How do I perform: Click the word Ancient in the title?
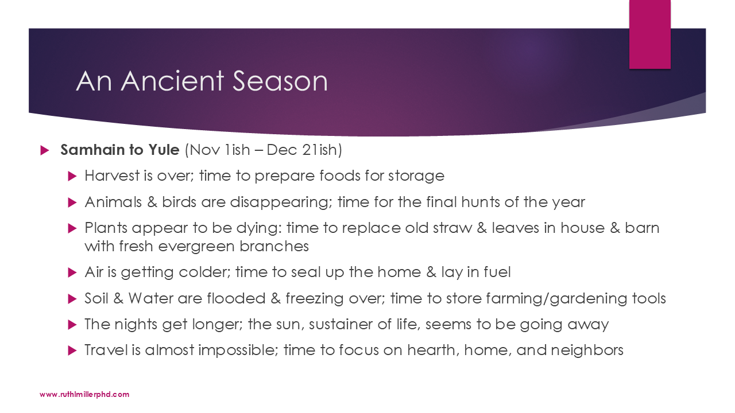(173, 81)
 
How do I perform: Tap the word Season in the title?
(280, 81)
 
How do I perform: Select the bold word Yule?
(164, 150)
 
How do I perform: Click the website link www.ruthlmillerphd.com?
(84, 394)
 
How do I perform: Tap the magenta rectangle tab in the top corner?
(649, 34)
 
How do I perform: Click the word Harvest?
(112, 176)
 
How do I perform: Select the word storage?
(416, 176)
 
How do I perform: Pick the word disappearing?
(279, 202)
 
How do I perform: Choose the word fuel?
(497, 272)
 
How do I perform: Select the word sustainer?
(341, 324)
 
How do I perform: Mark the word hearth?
(433, 350)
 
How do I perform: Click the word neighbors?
(587, 350)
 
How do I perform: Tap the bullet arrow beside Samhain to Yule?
(45, 150)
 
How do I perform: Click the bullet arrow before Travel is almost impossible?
(72, 350)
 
